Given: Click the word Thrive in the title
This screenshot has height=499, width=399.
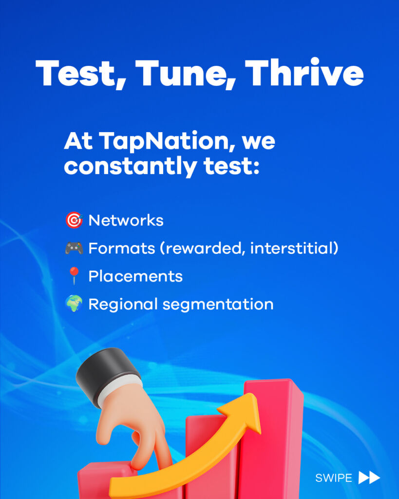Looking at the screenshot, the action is tap(304, 73).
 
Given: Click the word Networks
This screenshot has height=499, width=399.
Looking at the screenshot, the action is tap(126, 220).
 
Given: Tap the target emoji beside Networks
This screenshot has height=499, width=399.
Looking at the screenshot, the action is tap(74, 220).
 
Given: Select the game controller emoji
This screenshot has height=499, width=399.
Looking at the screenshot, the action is tap(74, 248).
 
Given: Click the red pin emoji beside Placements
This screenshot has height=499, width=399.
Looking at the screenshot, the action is tap(74, 276).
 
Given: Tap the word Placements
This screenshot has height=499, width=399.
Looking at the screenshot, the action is tap(135, 276).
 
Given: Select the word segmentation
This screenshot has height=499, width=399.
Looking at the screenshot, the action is tap(218, 305).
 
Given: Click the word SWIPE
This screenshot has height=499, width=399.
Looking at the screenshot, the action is tap(334, 478).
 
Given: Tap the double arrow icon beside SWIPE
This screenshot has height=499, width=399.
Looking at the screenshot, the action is tap(369, 478).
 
